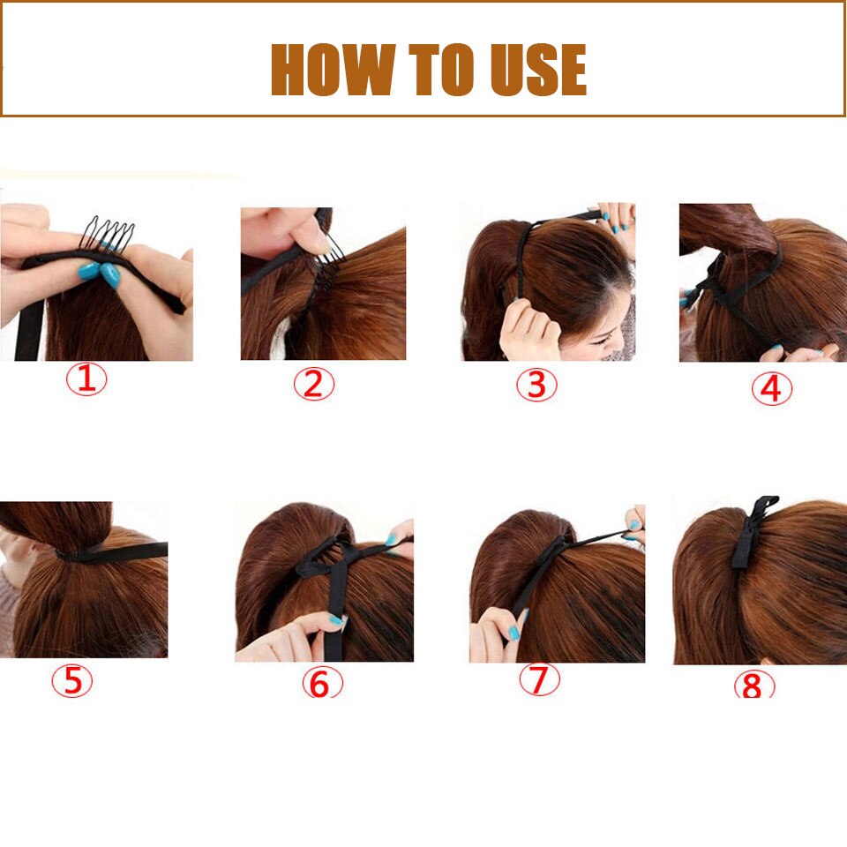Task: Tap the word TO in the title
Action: click(439, 70)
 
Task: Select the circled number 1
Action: click(86, 379)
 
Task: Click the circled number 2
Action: click(314, 384)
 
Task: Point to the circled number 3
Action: click(536, 385)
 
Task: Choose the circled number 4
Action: click(771, 389)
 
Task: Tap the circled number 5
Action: click(72, 680)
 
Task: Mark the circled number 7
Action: click(539, 679)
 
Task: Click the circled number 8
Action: click(753, 686)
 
